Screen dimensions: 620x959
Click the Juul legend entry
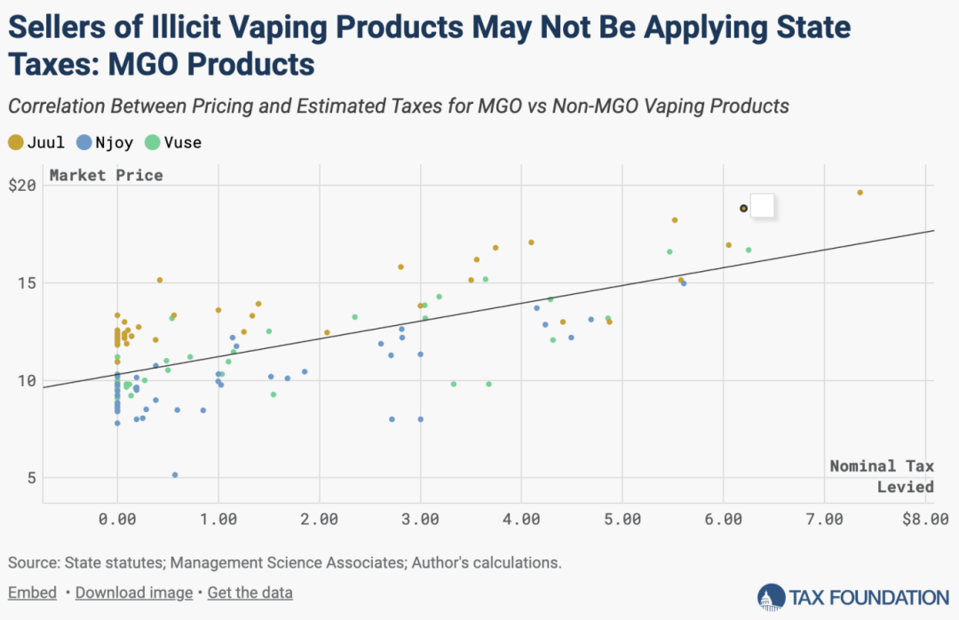click(36, 142)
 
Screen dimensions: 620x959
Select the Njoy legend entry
click(107, 142)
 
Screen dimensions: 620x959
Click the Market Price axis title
click(106, 175)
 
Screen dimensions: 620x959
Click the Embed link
click(32, 592)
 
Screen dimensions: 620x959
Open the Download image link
click(133, 592)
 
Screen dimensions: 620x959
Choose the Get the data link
click(250, 592)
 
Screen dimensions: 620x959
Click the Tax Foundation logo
click(853, 597)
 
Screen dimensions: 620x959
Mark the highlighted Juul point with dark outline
click(744, 209)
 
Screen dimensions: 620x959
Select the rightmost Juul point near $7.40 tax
click(860, 193)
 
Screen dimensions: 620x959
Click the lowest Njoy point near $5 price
click(175, 475)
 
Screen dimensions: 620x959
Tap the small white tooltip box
click(763, 205)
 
